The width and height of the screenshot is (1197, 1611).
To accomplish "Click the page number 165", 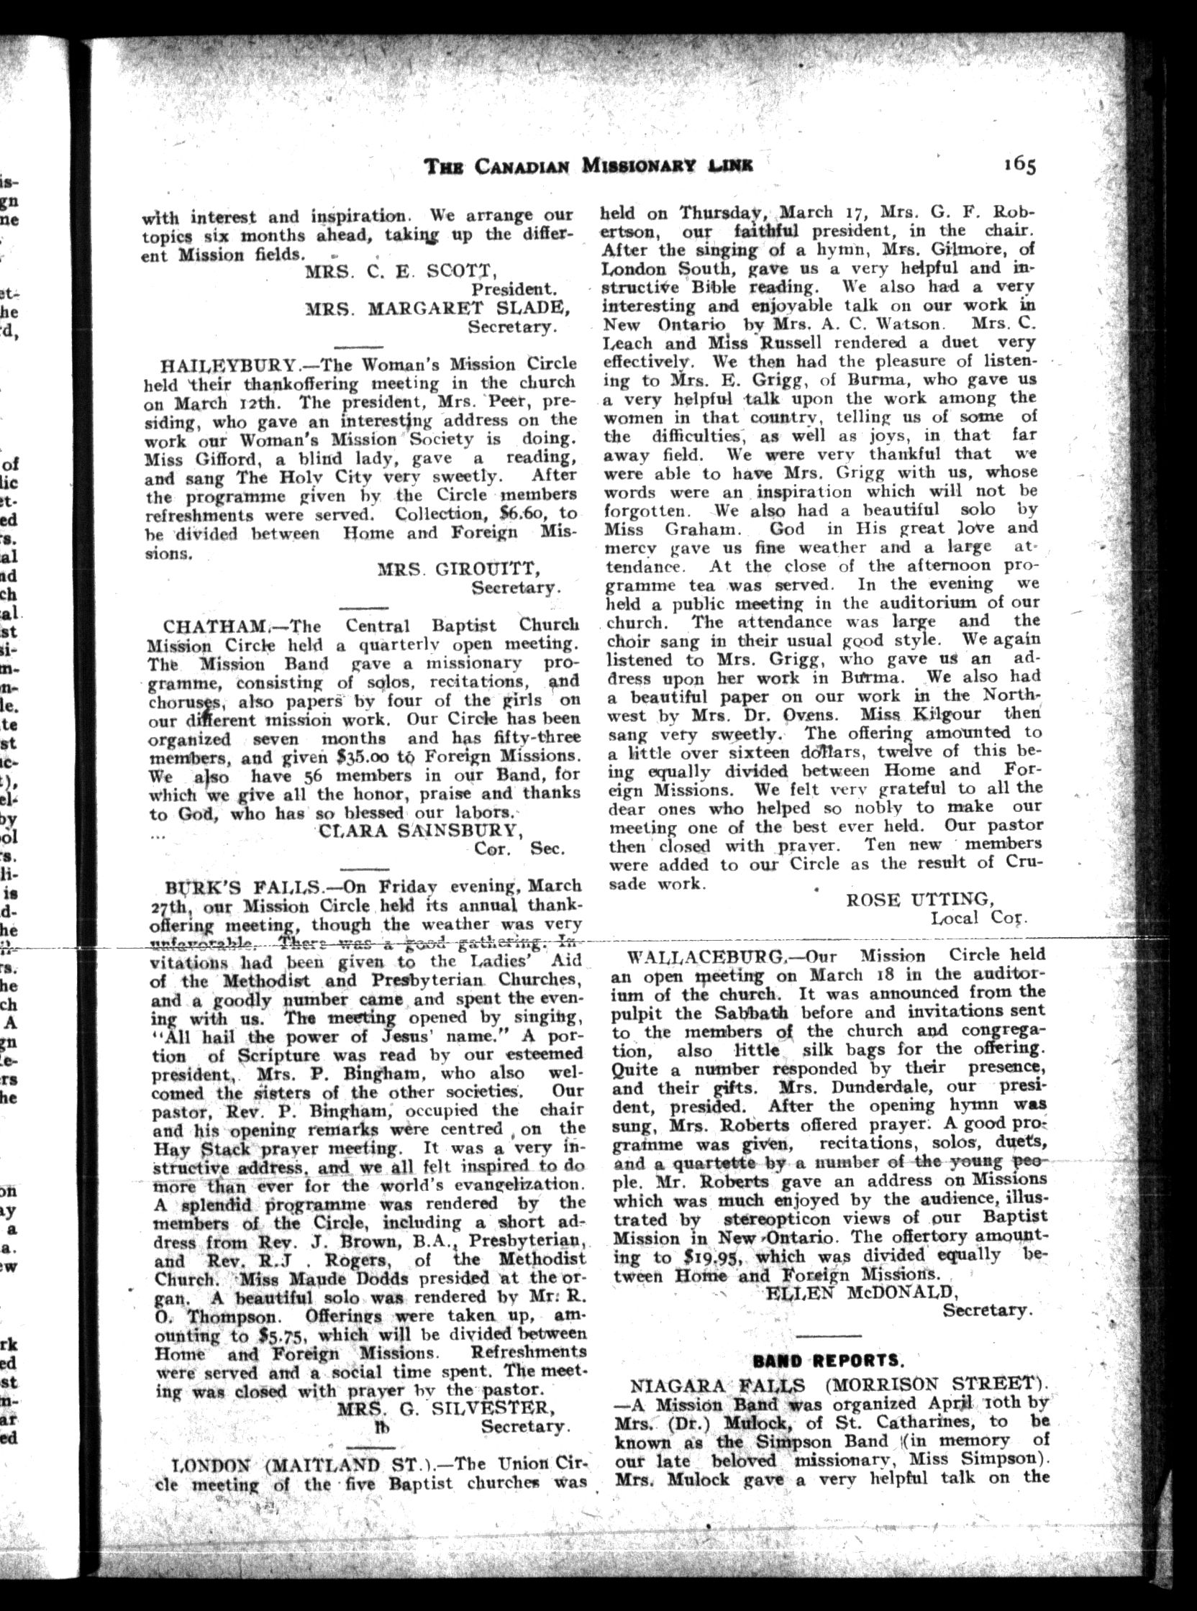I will pos(1019,165).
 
